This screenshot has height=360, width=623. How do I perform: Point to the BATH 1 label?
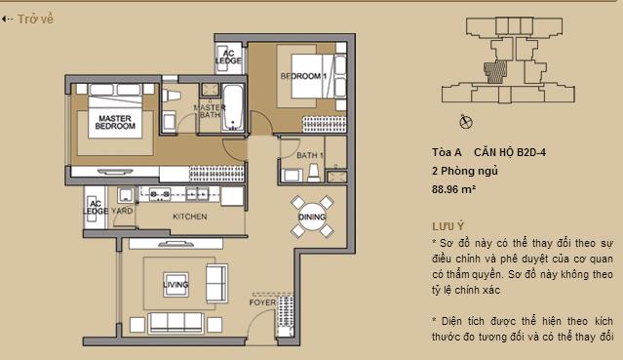[x=310, y=156]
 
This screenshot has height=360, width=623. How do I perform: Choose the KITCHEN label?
[x=187, y=216]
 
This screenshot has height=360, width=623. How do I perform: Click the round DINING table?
[x=312, y=217]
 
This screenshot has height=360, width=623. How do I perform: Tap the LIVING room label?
[x=176, y=285]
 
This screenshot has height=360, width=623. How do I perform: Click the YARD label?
[x=122, y=210]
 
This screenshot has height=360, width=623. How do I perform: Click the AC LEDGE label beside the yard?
[x=96, y=206]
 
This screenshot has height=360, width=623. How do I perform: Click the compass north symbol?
[x=465, y=122]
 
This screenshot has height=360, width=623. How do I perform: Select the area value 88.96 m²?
[x=453, y=188]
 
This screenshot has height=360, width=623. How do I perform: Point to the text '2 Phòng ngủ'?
[x=462, y=170]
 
